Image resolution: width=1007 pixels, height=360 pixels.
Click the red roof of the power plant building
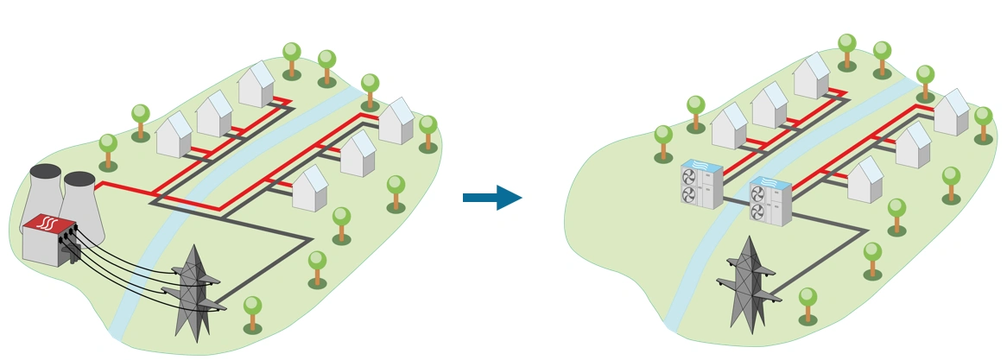click(x=47, y=227)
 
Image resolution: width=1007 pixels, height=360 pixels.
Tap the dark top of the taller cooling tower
click(x=46, y=171)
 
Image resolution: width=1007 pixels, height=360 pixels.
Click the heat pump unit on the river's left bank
click(x=701, y=184)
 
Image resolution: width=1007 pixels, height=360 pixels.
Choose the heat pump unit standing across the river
click(x=769, y=202)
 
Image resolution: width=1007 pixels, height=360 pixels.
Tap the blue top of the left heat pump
click(x=700, y=164)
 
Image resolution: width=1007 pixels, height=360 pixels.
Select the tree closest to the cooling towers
click(x=108, y=151)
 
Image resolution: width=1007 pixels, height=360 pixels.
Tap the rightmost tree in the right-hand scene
click(x=983, y=124)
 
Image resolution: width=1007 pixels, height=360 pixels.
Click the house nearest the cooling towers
click(x=174, y=136)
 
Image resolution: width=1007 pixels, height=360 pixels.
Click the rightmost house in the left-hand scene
click(x=396, y=122)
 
